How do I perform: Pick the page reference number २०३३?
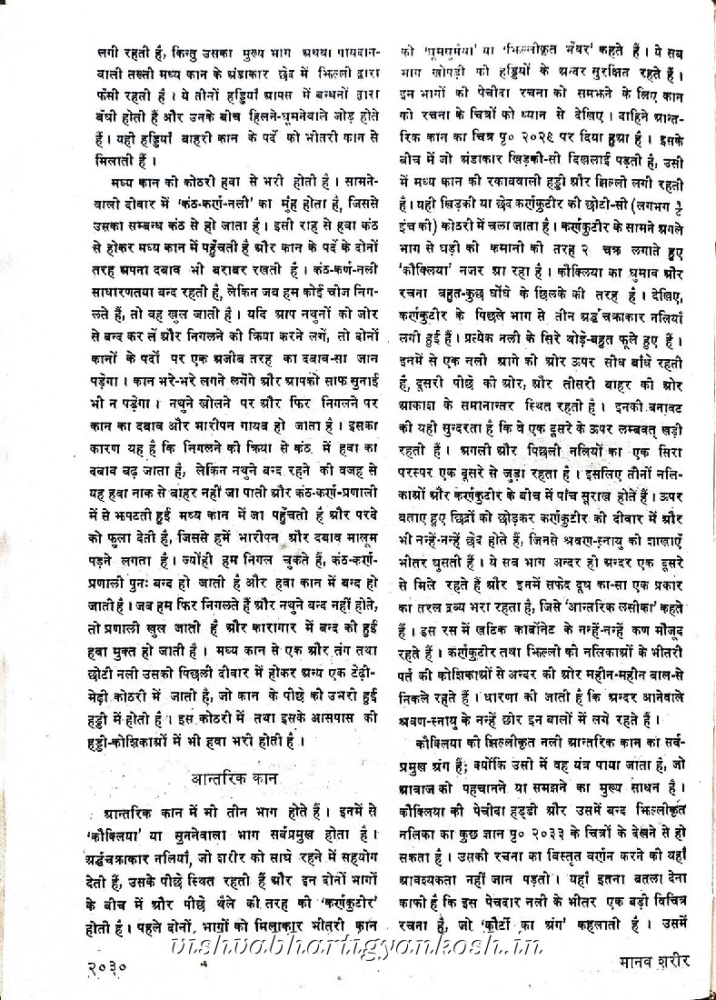click(x=556, y=806)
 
